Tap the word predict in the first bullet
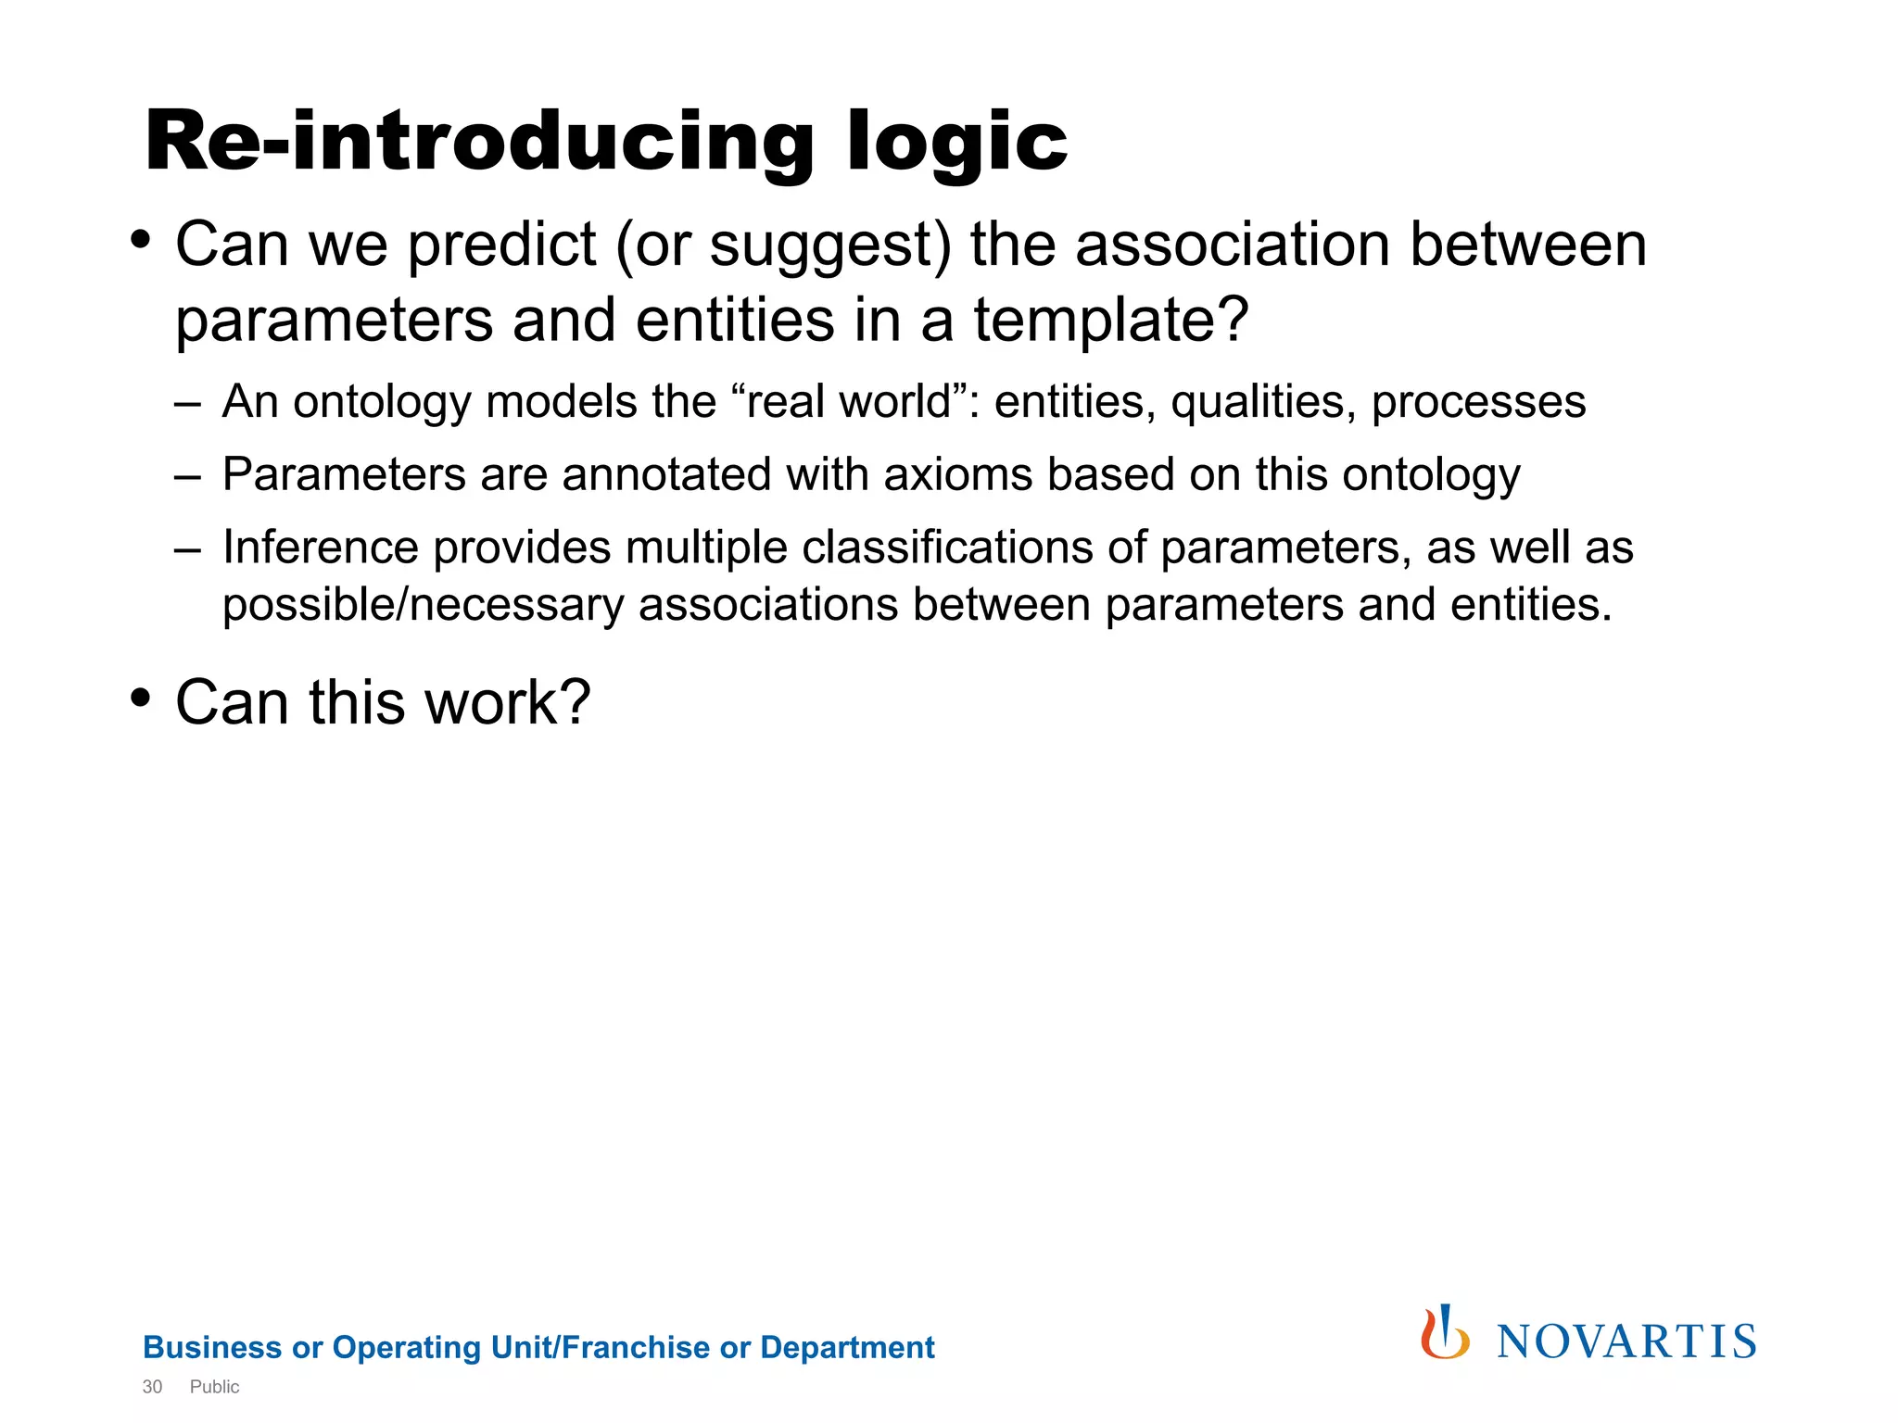[501, 246]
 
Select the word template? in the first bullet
[1111, 321]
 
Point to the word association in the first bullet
[1233, 246]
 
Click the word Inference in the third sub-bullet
[321, 547]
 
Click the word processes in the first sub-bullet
[1478, 402]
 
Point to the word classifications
[947, 547]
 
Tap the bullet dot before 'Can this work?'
[140, 696]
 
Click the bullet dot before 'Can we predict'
[140, 240]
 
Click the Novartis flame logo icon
[1445, 1333]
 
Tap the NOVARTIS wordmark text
[1626, 1342]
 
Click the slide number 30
[152, 1387]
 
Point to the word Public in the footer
[214, 1387]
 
